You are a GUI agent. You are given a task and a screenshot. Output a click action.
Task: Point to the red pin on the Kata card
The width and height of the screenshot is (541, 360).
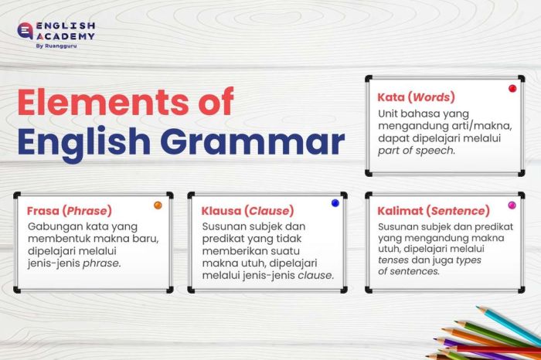coord(512,89)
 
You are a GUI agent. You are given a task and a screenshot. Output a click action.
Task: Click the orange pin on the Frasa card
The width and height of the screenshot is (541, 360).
coord(158,205)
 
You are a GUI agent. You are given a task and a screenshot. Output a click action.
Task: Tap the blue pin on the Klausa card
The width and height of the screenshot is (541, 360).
coord(335,203)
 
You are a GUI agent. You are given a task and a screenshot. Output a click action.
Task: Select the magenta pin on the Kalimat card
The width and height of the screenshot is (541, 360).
coord(512,205)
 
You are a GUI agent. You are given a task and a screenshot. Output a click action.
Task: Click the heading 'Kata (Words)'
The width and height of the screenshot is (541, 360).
coord(416,98)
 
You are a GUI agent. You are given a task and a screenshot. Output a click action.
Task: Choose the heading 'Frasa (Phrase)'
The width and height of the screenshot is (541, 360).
coord(70,211)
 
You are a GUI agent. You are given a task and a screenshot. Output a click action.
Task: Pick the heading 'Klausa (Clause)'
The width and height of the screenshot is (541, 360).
coord(247,211)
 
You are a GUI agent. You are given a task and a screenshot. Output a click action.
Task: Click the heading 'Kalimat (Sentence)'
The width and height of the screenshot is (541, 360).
coord(433,211)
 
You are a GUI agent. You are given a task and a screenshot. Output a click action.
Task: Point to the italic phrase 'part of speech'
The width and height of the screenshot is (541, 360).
coord(416,151)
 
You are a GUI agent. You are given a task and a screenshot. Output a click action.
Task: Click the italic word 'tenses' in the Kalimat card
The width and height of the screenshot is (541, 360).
coord(394,260)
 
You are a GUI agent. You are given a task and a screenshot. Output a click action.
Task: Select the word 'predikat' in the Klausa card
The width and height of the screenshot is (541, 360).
coord(226,240)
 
